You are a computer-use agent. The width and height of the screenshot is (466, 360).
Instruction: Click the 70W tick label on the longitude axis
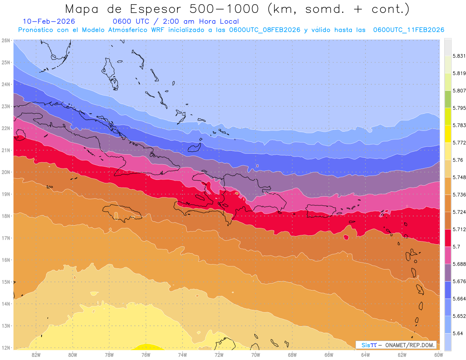[x=256, y=355]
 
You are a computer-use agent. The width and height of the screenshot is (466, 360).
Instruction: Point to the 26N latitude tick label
[x=6, y=40]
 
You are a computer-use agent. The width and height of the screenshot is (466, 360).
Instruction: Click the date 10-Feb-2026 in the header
[x=49, y=22]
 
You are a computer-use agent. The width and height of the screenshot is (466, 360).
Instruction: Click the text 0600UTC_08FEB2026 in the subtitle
[x=265, y=30]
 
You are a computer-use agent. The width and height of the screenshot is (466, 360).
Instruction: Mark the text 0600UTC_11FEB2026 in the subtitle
[x=409, y=30]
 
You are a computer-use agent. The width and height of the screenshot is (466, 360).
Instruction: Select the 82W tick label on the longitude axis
[x=36, y=355]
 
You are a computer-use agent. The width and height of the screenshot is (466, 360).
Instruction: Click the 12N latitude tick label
[x=6, y=348]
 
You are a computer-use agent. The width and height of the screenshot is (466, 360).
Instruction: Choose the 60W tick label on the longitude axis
[x=439, y=355]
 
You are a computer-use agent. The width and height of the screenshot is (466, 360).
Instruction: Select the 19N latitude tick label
[x=6, y=194]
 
